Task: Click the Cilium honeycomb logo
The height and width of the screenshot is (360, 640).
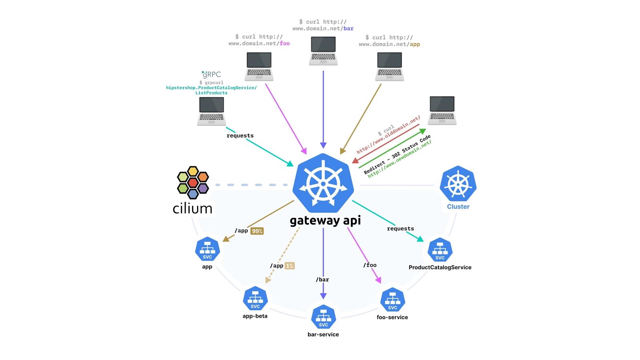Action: coord(193,182)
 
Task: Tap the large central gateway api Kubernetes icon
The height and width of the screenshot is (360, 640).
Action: coord(323,183)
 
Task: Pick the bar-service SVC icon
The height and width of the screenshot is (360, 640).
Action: coord(323,317)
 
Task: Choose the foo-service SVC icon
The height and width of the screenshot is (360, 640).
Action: coord(392,300)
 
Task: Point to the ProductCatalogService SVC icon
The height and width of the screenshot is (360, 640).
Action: coord(440,250)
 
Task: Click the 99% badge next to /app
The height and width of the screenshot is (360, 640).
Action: coord(257,231)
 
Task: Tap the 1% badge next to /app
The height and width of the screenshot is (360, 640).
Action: coord(290,266)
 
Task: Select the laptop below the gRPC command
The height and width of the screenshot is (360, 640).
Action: coord(212,112)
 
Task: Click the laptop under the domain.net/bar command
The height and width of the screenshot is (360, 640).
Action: coord(323,51)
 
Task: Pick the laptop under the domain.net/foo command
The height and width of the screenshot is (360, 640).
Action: coord(259,66)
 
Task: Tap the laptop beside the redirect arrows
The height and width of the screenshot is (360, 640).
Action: coord(442,110)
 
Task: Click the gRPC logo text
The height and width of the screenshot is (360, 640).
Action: coord(211,74)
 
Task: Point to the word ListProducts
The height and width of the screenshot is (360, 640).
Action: coord(211,93)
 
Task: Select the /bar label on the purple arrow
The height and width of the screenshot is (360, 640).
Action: coord(322,279)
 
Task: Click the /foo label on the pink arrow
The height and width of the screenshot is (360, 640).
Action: coord(370,265)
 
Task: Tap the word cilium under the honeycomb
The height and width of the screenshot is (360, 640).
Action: coord(192,208)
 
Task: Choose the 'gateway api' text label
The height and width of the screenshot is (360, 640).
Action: coord(325,220)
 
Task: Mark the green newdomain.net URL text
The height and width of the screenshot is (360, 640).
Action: coord(400,159)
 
